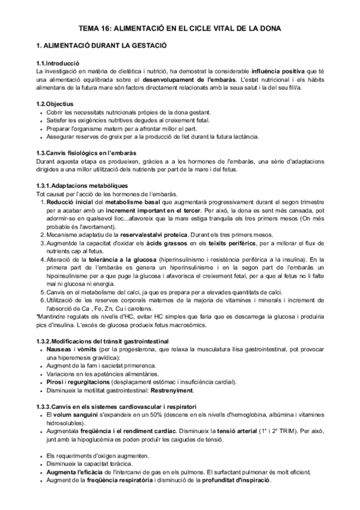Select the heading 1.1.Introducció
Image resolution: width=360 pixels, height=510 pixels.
click(x=57, y=64)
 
